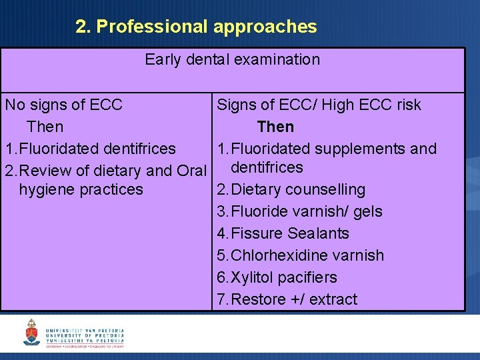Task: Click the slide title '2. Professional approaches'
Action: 196,27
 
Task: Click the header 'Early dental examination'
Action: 232,59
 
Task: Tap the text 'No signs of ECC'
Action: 63,105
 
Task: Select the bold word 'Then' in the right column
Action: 275,127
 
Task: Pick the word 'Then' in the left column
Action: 45,127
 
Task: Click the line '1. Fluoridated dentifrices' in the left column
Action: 91,149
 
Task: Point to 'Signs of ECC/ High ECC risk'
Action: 319,105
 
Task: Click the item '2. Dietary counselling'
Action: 291,189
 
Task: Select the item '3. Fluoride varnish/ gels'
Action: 300,211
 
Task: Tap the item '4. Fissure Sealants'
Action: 283,233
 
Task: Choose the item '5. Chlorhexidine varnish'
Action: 301,255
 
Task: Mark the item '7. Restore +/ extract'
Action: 287,299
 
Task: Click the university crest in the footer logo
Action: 31,332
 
